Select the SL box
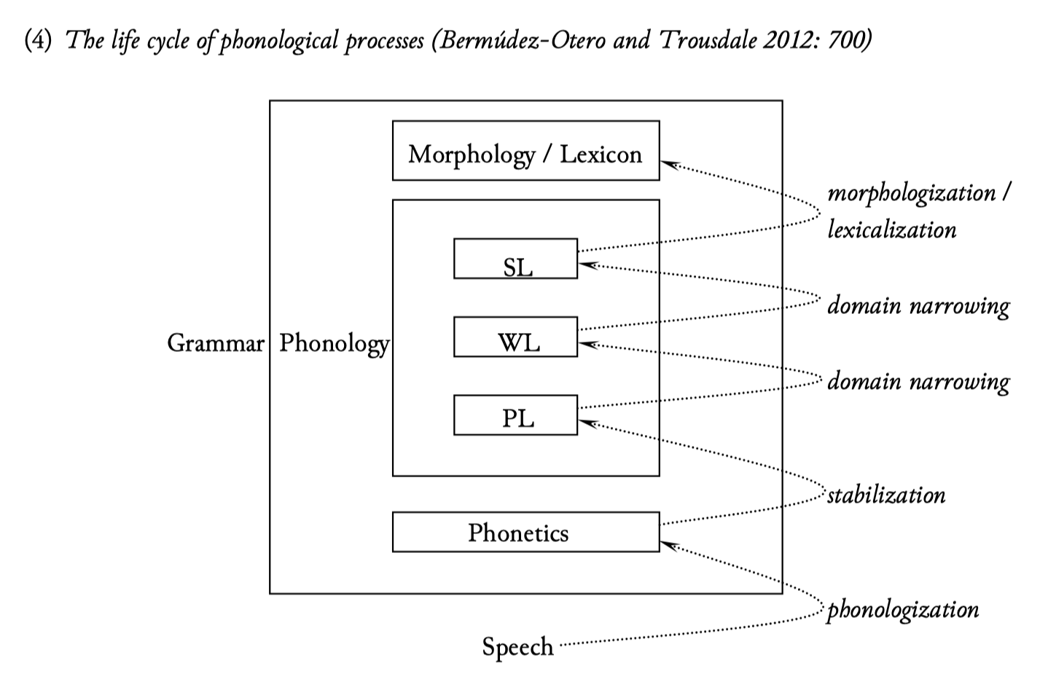click(515, 259)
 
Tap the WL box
click(515, 337)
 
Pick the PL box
click(515, 415)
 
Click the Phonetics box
click(525, 532)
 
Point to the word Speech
click(517, 646)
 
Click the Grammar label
click(215, 342)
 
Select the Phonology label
click(335, 343)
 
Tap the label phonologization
click(903, 609)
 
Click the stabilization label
click(886, 495)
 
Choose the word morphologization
click(911, 193)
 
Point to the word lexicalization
click(891, 230)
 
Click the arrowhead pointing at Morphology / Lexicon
click(667, 163)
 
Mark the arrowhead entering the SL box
click(585, 264)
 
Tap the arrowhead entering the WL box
click(585, 343)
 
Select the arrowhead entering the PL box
click(585, 422)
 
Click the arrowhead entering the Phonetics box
click(667, 543)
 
